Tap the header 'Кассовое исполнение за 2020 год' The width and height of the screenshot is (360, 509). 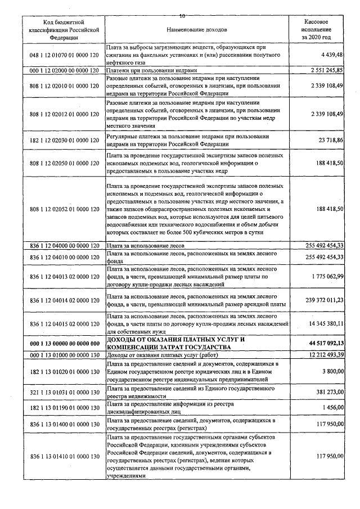tap(316, 28)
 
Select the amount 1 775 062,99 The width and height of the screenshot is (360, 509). tap(327, 277)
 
